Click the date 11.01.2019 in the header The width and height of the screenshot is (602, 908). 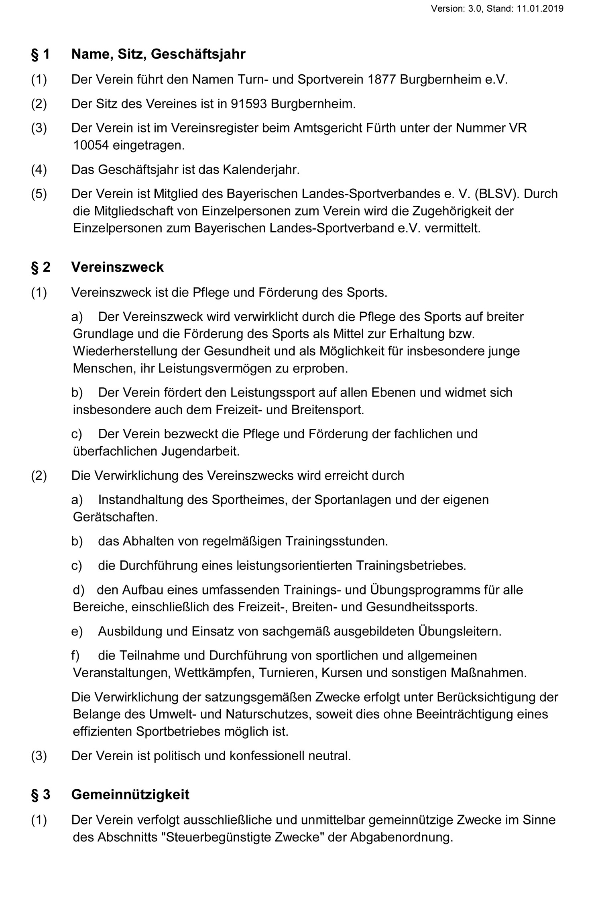(540, 8)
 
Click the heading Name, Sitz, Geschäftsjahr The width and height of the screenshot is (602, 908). (158, 54)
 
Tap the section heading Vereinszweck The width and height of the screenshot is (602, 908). (117, 267)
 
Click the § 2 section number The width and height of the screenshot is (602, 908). (41, 267)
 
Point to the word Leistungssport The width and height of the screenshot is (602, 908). (274, 392)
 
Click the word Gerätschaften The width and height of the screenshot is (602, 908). (115, 517)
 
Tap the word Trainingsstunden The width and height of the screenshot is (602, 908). (336, 541)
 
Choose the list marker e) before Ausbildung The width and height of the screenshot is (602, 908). (77, 631)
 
